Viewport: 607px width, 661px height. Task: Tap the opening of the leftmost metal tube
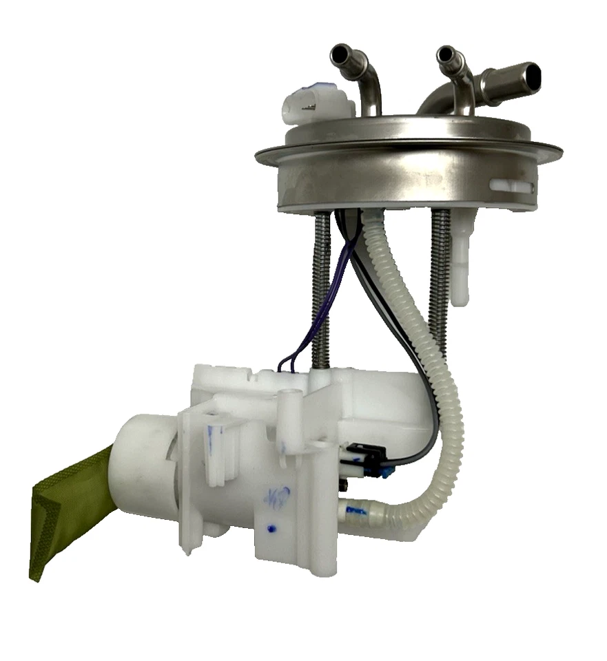(x=340, y=53)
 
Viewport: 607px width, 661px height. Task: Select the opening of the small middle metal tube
(x=445, y=55)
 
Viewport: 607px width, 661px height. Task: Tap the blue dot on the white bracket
(x=271, y=529)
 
